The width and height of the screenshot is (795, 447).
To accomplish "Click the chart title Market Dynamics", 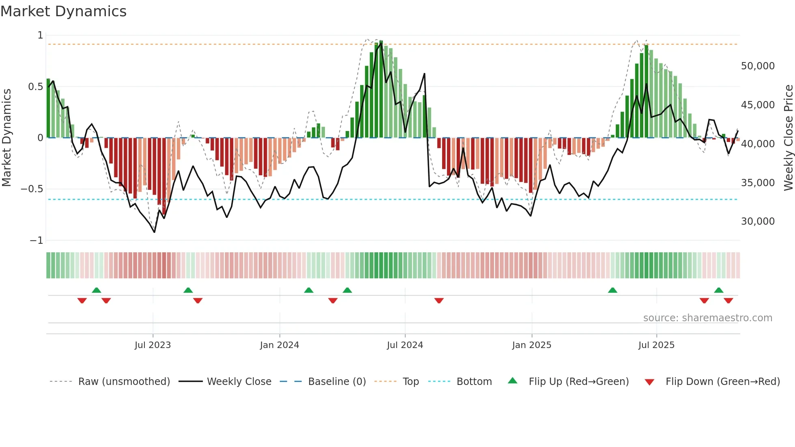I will click(x=63, y=11).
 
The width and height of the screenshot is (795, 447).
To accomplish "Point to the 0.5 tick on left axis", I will click(x=35, y=86).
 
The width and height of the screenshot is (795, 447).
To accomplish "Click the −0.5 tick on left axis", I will click(x=32, y=189).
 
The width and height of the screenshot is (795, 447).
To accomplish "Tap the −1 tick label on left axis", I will click(x=36, y=241).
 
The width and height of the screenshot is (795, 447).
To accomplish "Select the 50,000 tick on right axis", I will click(x=758, y=66).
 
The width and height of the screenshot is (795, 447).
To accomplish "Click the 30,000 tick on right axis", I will click(x=758, y=221).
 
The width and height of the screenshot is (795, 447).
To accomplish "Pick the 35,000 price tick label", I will click(x=758, y=183).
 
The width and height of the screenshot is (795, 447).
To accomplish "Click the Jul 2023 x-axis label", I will click(x=153, y=345).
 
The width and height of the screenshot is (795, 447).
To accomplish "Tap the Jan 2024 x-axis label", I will click(x=279, y=345).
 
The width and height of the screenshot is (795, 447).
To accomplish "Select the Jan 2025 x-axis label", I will click(x=531, y=345).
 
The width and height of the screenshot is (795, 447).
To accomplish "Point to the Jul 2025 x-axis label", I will click(x=656, y=345).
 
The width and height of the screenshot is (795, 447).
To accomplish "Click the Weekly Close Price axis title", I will click(x=788, y=138).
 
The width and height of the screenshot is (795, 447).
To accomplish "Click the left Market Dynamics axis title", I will click(x=6, y=138).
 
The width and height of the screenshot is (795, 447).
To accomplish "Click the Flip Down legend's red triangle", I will click(x=649, y=382).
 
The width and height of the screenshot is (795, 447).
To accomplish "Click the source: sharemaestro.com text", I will click(x=707, y=318).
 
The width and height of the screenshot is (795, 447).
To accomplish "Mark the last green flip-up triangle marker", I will click(x=718, y=290).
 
